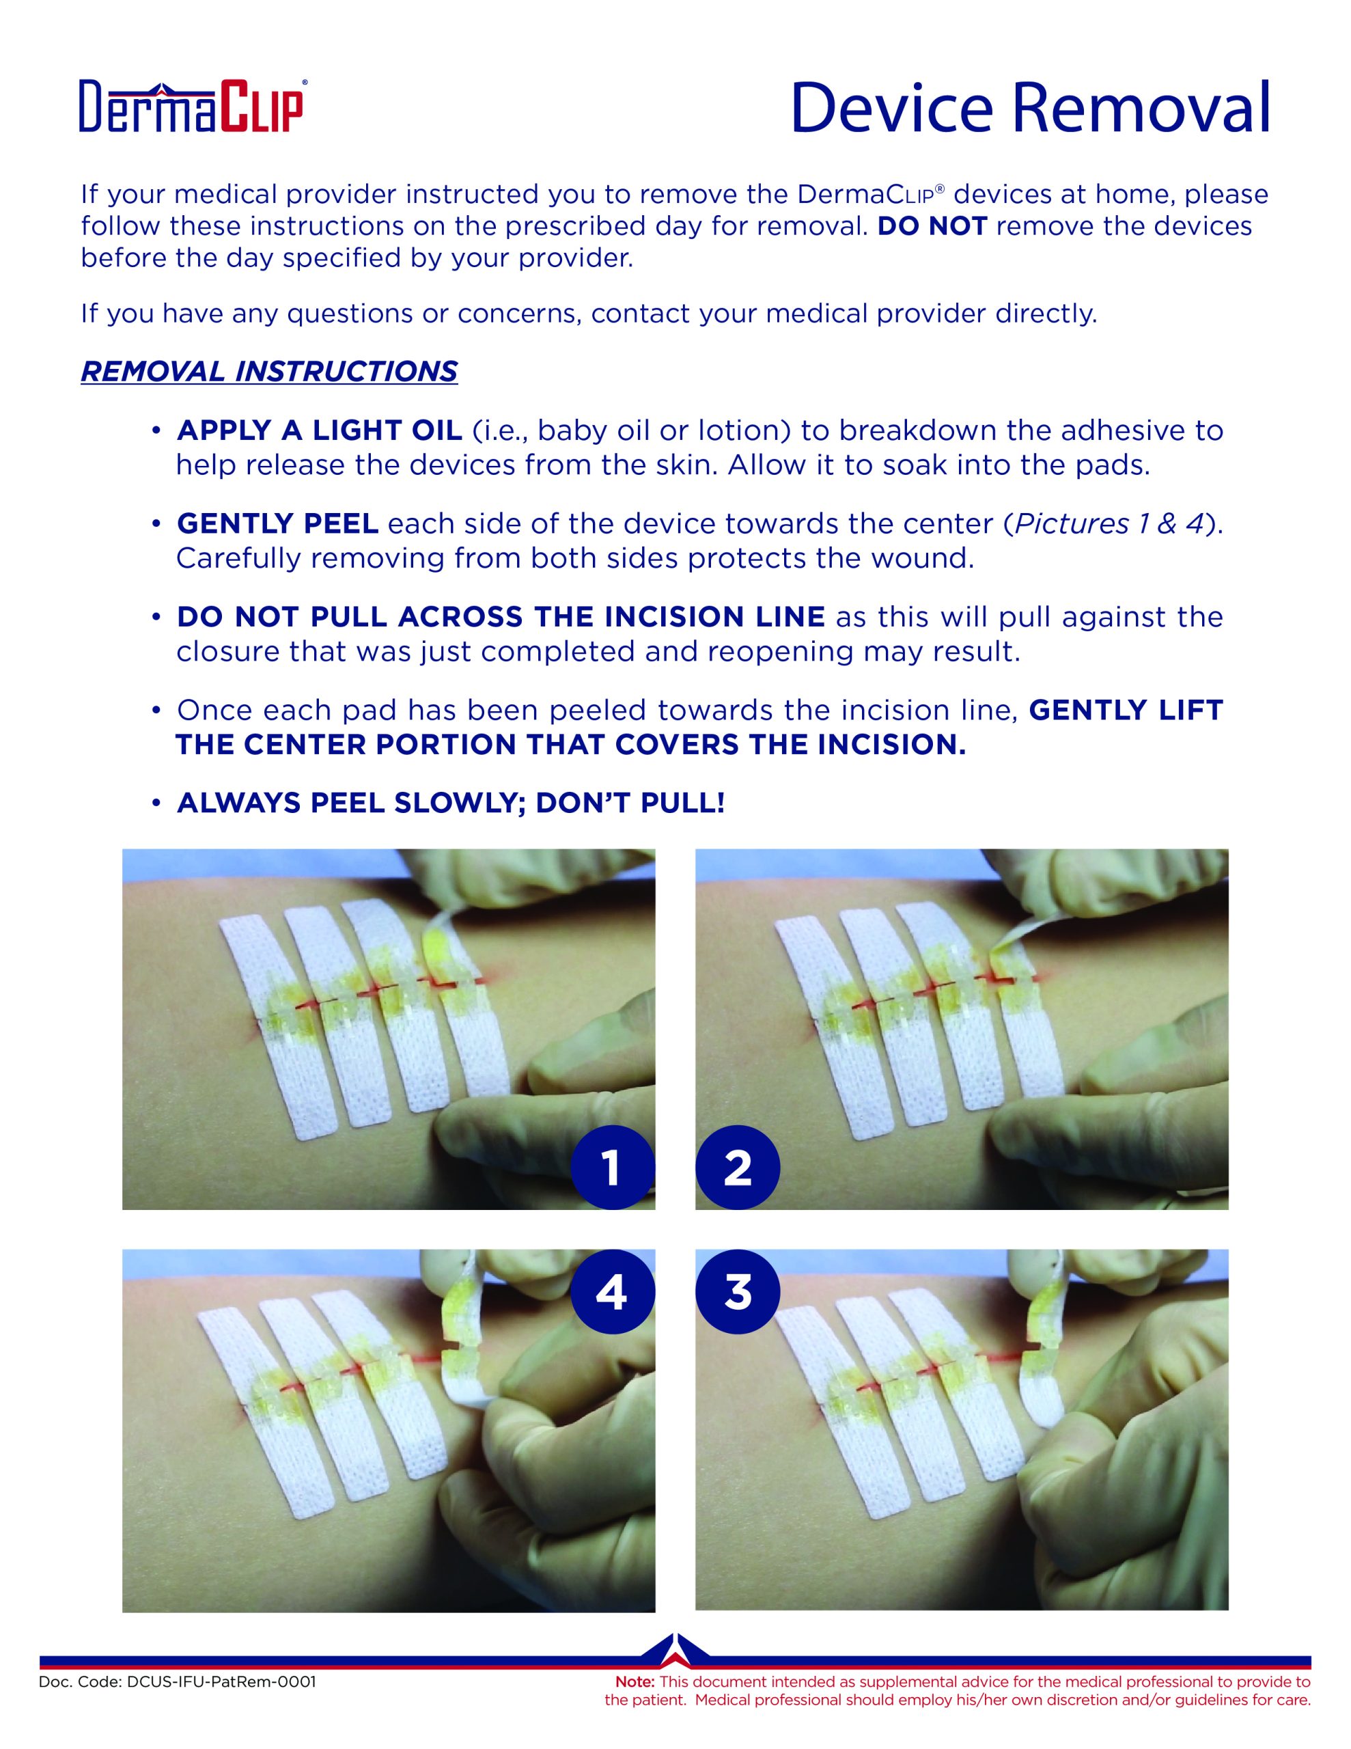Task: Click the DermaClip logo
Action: click(191, 105)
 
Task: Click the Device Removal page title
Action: click(1030, 107)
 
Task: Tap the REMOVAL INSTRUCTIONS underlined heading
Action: click(269, 372)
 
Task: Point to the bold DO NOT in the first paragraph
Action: click(932, 226)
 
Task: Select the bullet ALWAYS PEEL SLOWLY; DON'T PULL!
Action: click(450, 803)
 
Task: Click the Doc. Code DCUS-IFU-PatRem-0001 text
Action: click(177, 1682)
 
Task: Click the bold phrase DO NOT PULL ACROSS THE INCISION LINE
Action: click(501, 617)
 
